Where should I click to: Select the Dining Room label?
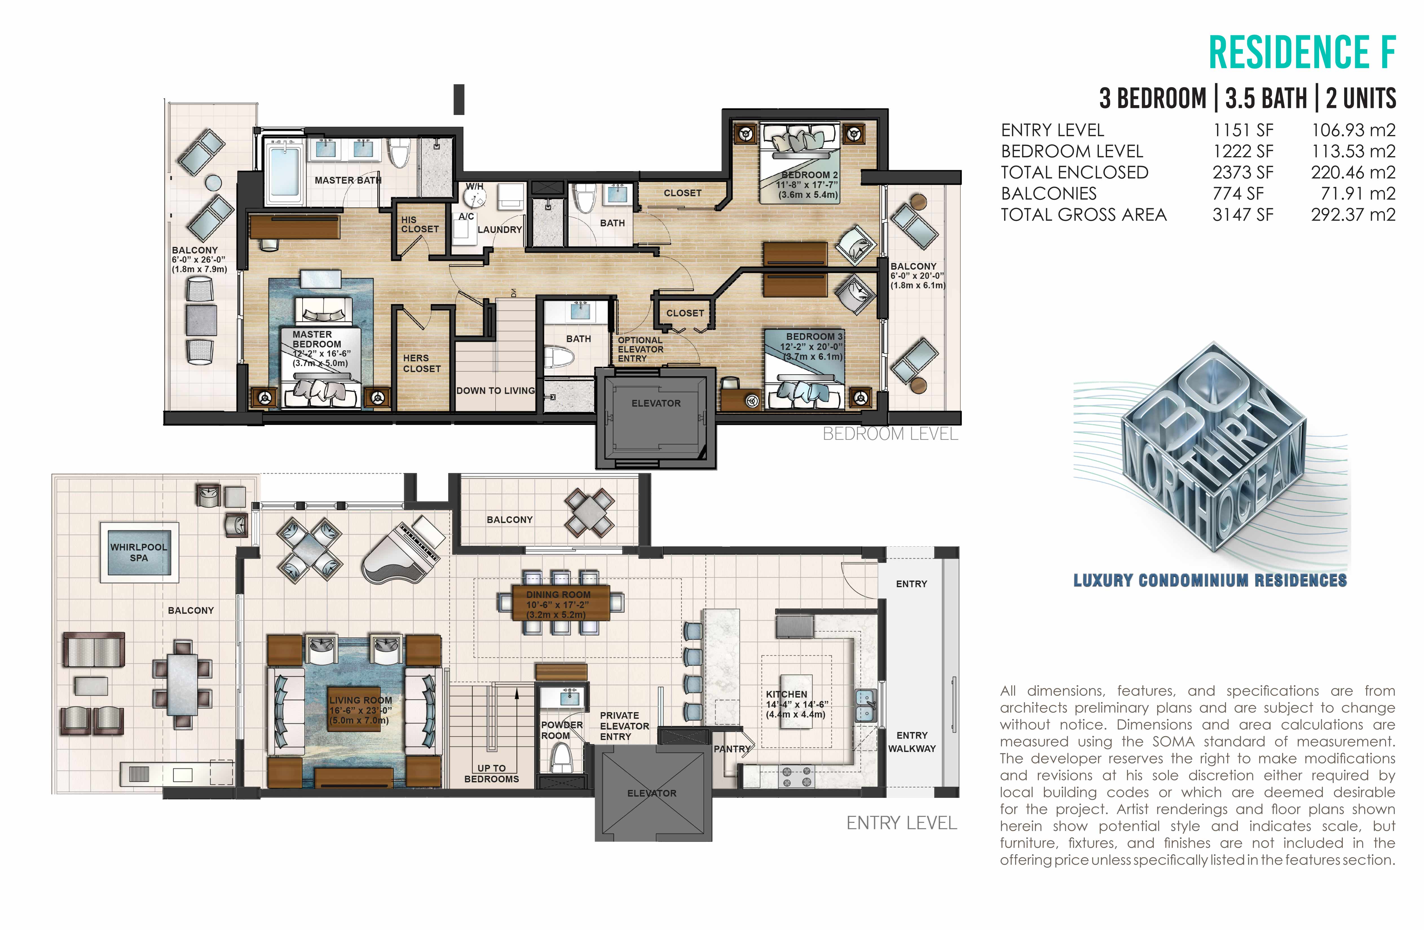(x=558, y=594)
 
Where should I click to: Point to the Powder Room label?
(x=561, y=730)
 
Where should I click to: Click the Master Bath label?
(x=348, y=180)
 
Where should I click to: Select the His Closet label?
(x=419, y=224)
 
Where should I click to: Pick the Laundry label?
(x=500, y=230)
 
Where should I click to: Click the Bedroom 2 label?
(x=810, y=175)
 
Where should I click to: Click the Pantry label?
(x=732, y=749)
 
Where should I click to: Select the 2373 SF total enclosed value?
(x=1243, y=172)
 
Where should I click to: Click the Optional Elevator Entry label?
(x=640, y=349)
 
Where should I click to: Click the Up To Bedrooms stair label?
(x=491, y=773)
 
